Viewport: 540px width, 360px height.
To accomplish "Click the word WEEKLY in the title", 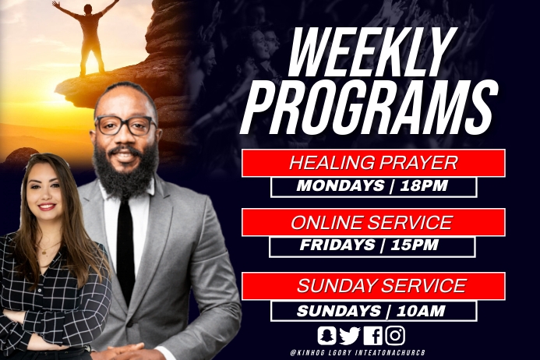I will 370,55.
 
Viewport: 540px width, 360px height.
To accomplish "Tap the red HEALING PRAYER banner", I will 373,163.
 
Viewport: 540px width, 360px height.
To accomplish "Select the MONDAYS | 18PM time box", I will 373,187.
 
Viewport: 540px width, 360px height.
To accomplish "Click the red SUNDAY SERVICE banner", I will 373,286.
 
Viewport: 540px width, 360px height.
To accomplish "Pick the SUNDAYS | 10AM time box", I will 373,310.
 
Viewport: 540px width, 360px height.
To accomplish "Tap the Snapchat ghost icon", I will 327,335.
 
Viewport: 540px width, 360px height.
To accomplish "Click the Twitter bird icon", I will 350,335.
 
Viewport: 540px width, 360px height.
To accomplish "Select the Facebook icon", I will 373,335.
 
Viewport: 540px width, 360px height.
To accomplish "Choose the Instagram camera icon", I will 396,335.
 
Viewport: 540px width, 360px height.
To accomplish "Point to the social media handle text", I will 362,353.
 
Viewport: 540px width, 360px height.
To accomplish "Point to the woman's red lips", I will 47,207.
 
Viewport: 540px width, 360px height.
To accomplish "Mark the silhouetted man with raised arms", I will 86,35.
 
